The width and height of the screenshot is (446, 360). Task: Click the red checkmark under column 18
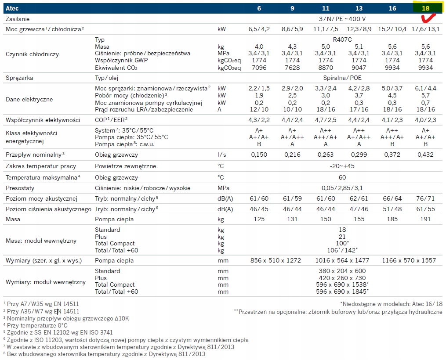(x=428, y=18)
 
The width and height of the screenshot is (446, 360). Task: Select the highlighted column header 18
(x=426, y=8)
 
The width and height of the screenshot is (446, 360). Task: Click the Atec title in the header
(x=12, y=8)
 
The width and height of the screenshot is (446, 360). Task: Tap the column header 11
(x=326, y=8)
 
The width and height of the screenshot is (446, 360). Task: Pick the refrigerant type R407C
(x=342, y=40)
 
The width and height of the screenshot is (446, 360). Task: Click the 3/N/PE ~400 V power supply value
(x=342, y=19)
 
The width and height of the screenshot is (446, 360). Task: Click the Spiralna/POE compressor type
(x=342, y=78)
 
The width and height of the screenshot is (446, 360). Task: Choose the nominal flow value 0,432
(x=426, y=155)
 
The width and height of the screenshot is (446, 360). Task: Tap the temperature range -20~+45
(x=342, y=166)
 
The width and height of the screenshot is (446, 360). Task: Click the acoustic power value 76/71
(x=426, y=199)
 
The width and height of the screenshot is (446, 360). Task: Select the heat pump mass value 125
(x=259, y=219)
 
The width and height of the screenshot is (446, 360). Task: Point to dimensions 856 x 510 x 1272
(x=276, y=260)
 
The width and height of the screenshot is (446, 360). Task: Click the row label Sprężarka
(x=19, y=78)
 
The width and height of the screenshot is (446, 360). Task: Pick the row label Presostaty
(x=21, y=188)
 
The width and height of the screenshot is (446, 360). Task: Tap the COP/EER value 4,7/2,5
(x=326, y=119)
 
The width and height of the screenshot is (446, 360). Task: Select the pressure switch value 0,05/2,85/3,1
(x=342, y=188)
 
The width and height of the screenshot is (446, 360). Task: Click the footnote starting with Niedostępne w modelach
(x=391, y=303)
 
